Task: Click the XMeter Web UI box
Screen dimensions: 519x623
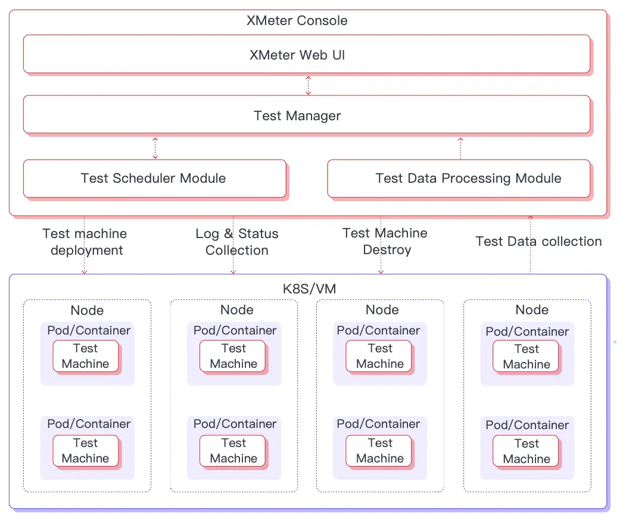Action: pyautogui.click(x=306, y=55)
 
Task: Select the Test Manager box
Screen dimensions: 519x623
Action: pyautogui.click(x=306, y=115)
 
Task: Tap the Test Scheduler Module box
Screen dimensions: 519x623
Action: pyautogui.click(x=154, y=178)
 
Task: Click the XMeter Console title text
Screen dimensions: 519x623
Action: pyautogui.click(x=297, y=21)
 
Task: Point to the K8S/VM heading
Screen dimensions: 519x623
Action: pyautogui.click(x=309, y=289)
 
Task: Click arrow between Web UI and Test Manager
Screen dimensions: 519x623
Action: pyautogui.click(x=308, y=85)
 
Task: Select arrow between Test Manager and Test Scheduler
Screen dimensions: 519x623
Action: pyautogui.click(x=155, y=147)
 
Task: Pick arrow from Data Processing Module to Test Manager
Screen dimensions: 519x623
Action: pyautogui.click(x=460, y=147)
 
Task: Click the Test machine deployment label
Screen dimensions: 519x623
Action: pyautogui.click(x=85, y=242)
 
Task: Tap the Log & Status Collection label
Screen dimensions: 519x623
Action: pyautogui.click(x=236, y=242)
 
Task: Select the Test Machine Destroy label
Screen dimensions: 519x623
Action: pyautogui.click(x=385, y=241)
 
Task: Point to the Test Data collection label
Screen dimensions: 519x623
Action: pyautogui.click(x=538, y=241)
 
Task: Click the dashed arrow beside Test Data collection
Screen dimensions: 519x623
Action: pyautogui.click(x=530, y=245)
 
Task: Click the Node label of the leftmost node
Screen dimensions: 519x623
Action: pyautogui.click(x=87, y=310)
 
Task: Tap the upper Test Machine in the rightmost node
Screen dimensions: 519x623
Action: pyautogui.click(x=526, y=356)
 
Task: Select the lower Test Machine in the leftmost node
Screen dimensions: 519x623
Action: pyautogui.click(x=85, y=451)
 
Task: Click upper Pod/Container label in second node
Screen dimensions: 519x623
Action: pyautogui.click(x=235, y=330)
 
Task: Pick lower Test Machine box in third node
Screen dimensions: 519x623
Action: pyautogui.click(x=379, y=451)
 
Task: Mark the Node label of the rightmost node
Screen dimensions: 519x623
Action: pyautogui.click(x=532, y=310)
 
